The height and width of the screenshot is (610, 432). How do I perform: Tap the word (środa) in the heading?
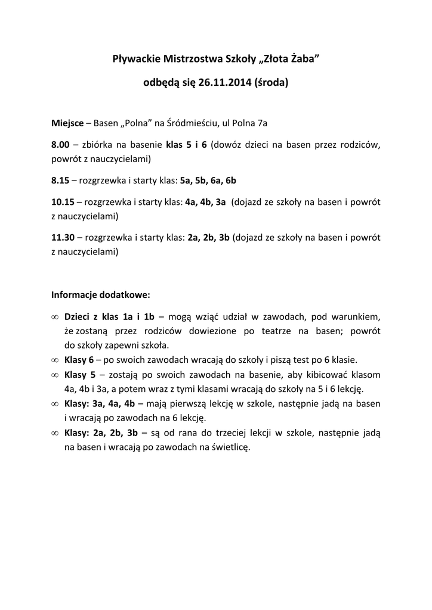pyautogui.click(x=271, y=83)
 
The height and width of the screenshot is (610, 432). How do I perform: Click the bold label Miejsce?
pyautogui.click(x=67, y=123)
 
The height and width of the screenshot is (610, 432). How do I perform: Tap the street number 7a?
pyautogui.click(x=262, y=123)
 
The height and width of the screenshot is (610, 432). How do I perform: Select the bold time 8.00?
pyautogui.click(x=61, y=145)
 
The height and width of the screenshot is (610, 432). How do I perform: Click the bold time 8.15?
pyautogui.click(x=61, y=180)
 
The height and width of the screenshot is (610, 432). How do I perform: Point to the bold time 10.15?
pyautogui.click(x=63, y=201)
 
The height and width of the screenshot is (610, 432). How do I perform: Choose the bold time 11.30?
pyautogui.click(x=63, y=237)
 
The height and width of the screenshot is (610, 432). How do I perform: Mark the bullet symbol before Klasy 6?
pyautogui.click(x=54, y=360)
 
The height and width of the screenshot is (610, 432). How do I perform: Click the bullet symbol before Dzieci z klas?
pyautogui.click(x=54, y=317)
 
